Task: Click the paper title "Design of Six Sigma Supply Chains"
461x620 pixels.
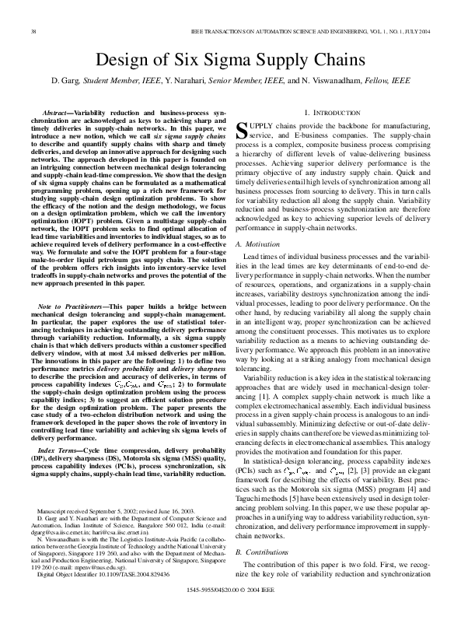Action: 230,61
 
